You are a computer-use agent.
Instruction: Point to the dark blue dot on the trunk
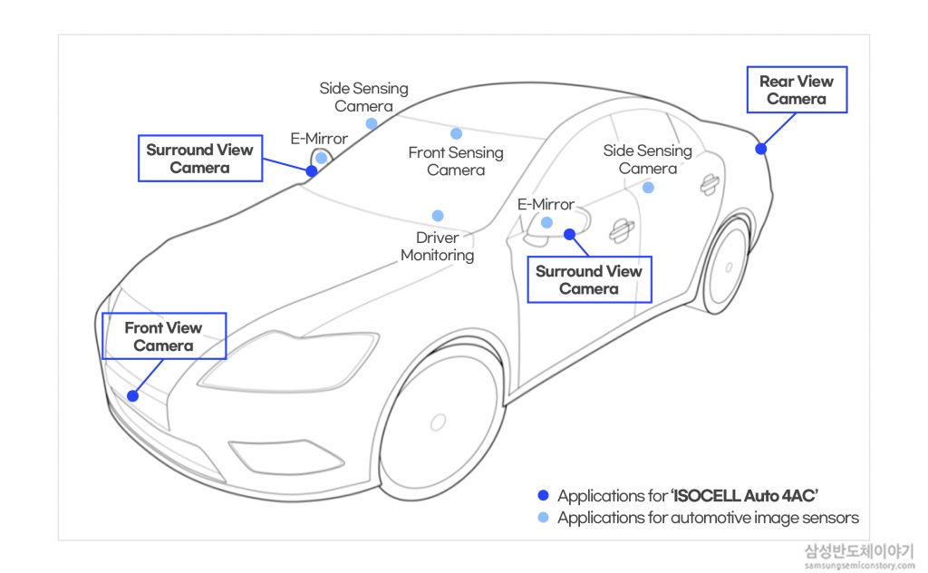[x=761, y=149]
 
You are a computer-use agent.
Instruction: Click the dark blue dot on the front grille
[x=133, y=396]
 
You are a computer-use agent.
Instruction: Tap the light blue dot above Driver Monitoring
[x=438, y=216]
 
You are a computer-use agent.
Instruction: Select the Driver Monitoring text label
[x=438, y=247]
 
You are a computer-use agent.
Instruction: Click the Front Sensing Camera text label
[x=456, y=161]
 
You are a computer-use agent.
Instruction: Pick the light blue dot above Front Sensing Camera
[x=457, y=133]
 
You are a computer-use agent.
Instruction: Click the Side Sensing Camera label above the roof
[x=364, y=97]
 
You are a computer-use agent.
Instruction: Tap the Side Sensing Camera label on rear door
[x=648, y=160]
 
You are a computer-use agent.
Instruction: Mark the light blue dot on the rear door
[x=649, y=188]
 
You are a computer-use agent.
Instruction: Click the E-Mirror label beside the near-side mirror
[x=546, y=205]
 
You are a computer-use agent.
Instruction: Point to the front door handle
[x=622, y=230]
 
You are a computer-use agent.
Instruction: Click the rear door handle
[x=709, y=184]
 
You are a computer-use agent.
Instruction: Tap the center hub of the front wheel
[x=438, y=422]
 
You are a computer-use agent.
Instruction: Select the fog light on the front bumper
[x=285, y=456]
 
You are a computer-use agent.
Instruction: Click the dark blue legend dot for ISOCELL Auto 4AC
[x=544, y=495]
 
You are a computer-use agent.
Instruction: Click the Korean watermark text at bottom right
[x=859, y=551]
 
